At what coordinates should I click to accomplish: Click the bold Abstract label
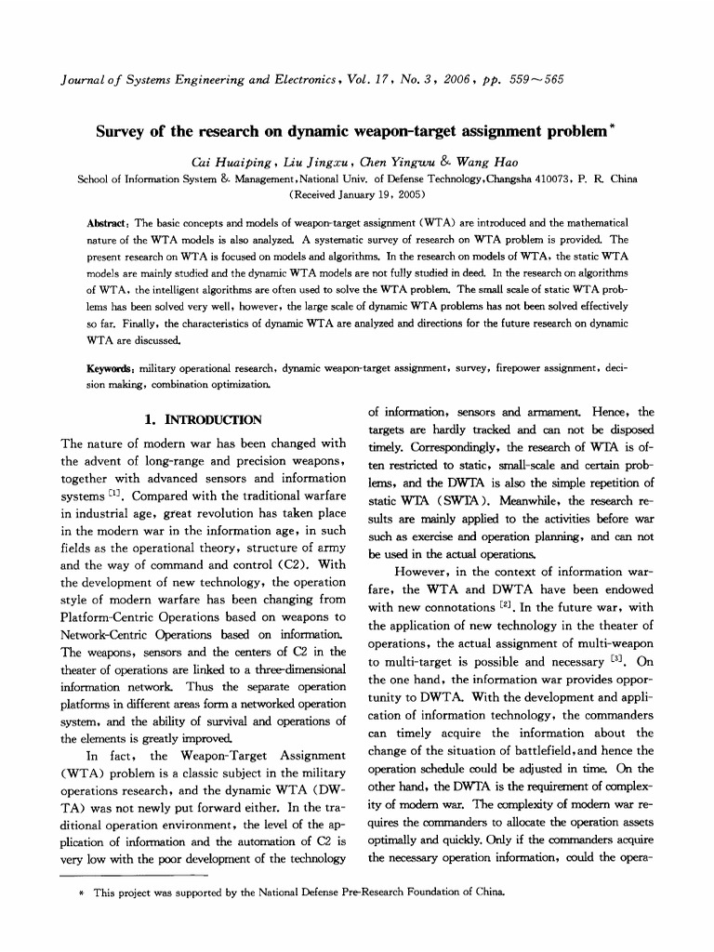[107, 223]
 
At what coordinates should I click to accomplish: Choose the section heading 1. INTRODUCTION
[204, 419]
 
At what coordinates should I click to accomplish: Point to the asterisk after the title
[611, 126]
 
